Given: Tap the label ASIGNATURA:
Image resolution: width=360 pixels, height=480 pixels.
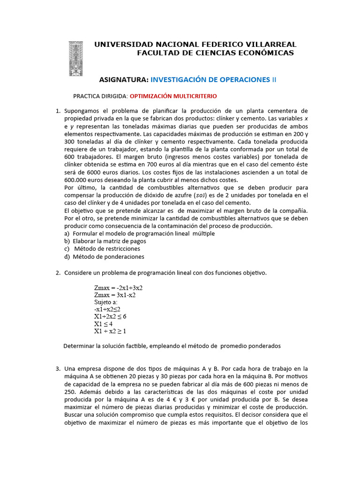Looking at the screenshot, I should [124, 80].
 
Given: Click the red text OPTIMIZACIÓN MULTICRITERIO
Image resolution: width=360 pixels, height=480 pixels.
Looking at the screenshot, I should [173, 96].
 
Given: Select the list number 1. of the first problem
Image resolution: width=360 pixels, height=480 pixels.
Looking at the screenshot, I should [58, 111].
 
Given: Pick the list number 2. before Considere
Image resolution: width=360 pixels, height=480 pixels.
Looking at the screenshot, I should [58, 273].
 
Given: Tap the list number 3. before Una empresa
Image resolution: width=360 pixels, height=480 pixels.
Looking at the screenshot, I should [58, 369].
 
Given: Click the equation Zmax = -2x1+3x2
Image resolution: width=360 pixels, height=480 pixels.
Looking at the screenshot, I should [118, 288].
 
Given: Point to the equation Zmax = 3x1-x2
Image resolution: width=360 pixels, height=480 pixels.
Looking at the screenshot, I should [115, 295].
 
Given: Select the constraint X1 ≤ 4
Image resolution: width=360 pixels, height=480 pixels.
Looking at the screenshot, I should [103, 324].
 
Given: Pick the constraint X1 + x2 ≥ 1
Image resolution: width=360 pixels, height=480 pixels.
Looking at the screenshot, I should [110, 331].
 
